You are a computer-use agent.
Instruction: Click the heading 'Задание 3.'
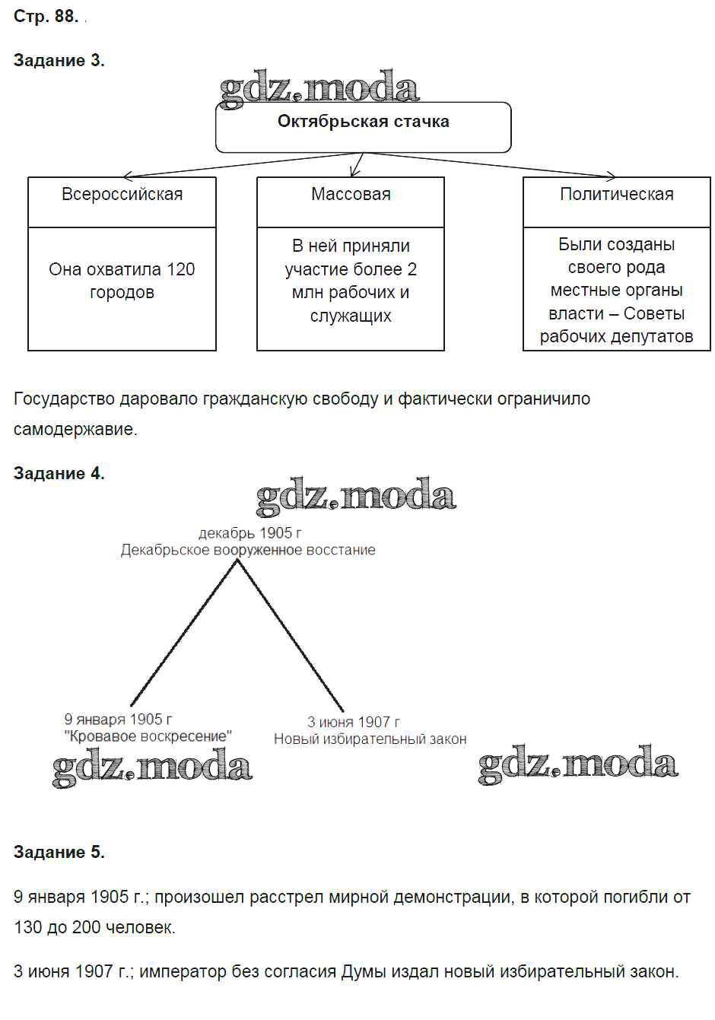(x=59, y=61)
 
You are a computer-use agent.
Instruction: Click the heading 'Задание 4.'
(x=59, y=473)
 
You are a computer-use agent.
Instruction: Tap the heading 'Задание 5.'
(x=59, y=852)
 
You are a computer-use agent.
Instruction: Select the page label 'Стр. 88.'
(x=46, y=16)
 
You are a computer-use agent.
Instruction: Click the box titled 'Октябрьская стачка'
(x=363, y=122)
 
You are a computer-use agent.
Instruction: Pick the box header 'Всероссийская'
(x=122, y=194)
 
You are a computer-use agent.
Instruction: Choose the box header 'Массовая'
(x=351, y=194)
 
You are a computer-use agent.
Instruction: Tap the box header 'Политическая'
(x=616, y=194)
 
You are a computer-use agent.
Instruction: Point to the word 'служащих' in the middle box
(x=351, y=316)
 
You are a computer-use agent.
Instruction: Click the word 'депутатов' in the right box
(x=653, y=336)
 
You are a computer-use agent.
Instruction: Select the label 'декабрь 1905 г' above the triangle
(x=249, y=533)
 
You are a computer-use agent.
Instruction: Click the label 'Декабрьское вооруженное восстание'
(x=248, y=550)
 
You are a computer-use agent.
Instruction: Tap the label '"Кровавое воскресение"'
(x=148, y=736)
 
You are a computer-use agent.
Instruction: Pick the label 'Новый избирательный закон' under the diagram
(x=370, y=739)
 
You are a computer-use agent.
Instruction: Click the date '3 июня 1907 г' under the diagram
(x=353, y=722)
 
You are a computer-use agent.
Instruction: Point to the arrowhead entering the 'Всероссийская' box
(x=127, y=176)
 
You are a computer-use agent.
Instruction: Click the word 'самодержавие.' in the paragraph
(x=75, y=429)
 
